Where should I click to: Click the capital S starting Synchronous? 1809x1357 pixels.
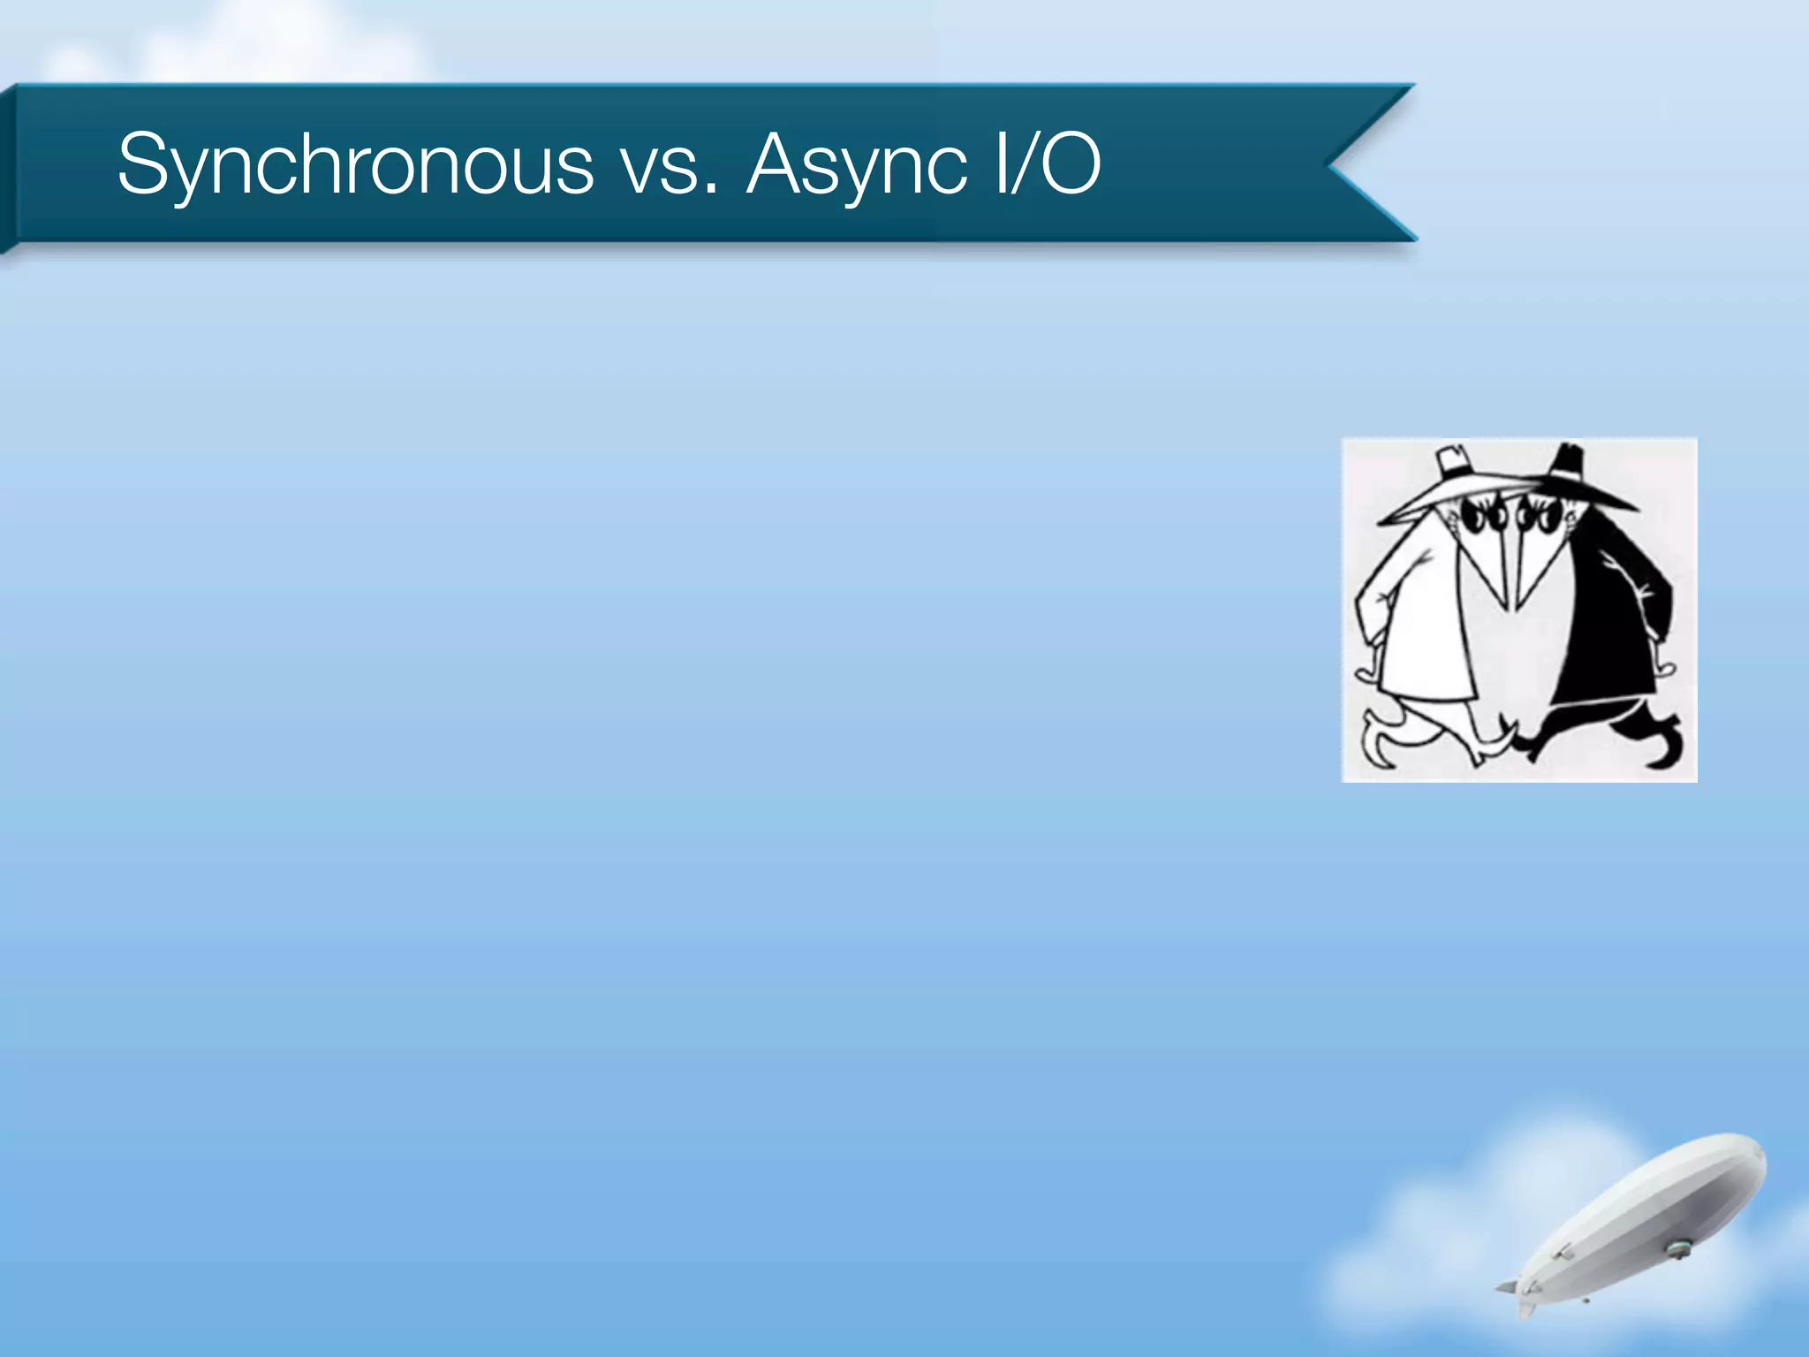tap(146, 163)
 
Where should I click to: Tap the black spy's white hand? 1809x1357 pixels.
tap(1664, 668)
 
